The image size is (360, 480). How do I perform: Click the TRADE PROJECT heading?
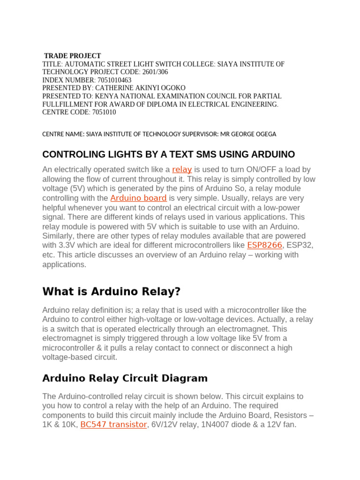[72, 56]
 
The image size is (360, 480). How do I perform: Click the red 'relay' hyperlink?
[182, 169]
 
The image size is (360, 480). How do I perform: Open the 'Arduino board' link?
[138, 198]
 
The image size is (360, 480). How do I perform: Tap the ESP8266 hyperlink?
[264, 245]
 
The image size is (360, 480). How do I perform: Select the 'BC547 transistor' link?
[113, 425]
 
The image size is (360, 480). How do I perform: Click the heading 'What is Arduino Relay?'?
[111, 292]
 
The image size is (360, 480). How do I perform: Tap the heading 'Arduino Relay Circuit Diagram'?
[125, 378]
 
